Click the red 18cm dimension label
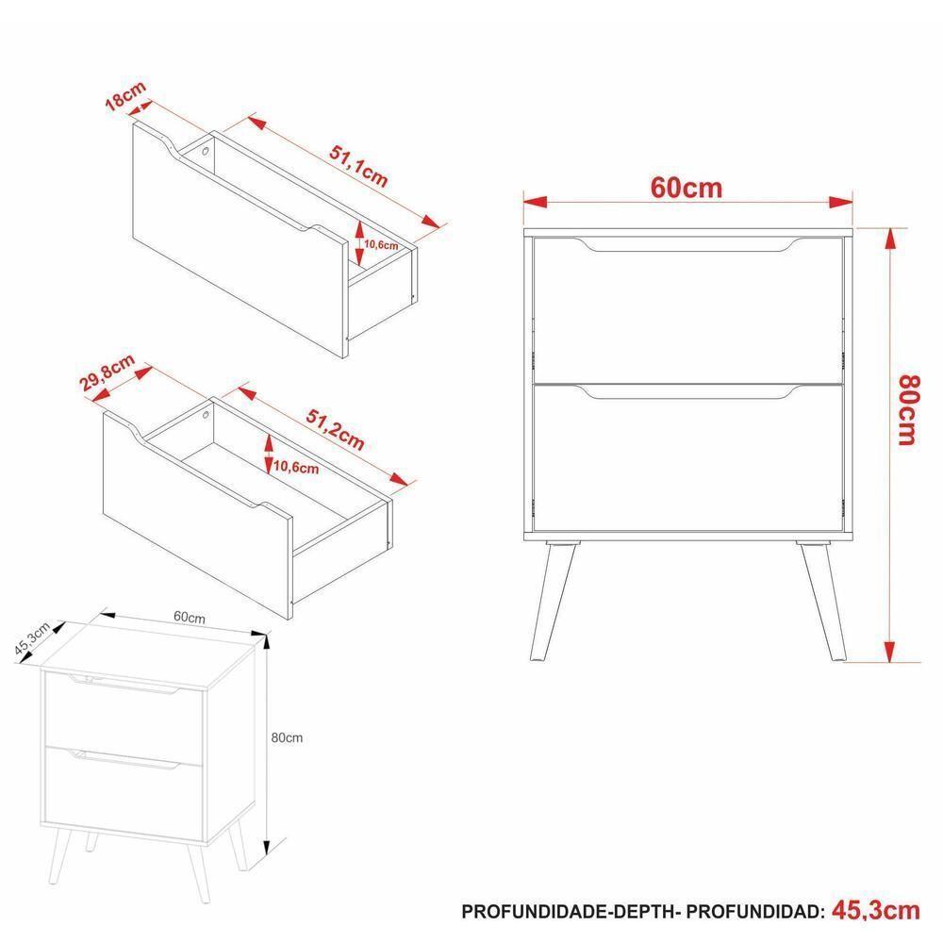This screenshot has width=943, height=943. [124, 97]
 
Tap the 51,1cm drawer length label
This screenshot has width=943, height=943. [357, 166]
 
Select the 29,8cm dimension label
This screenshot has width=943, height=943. [107, 374]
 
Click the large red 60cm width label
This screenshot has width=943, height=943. [687, 189]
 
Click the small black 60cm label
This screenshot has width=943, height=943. [190, 619]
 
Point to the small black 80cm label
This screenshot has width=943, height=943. [287, 737]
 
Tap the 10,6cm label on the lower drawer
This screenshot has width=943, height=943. [296, 467]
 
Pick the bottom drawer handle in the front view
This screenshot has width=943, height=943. [687, 393]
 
